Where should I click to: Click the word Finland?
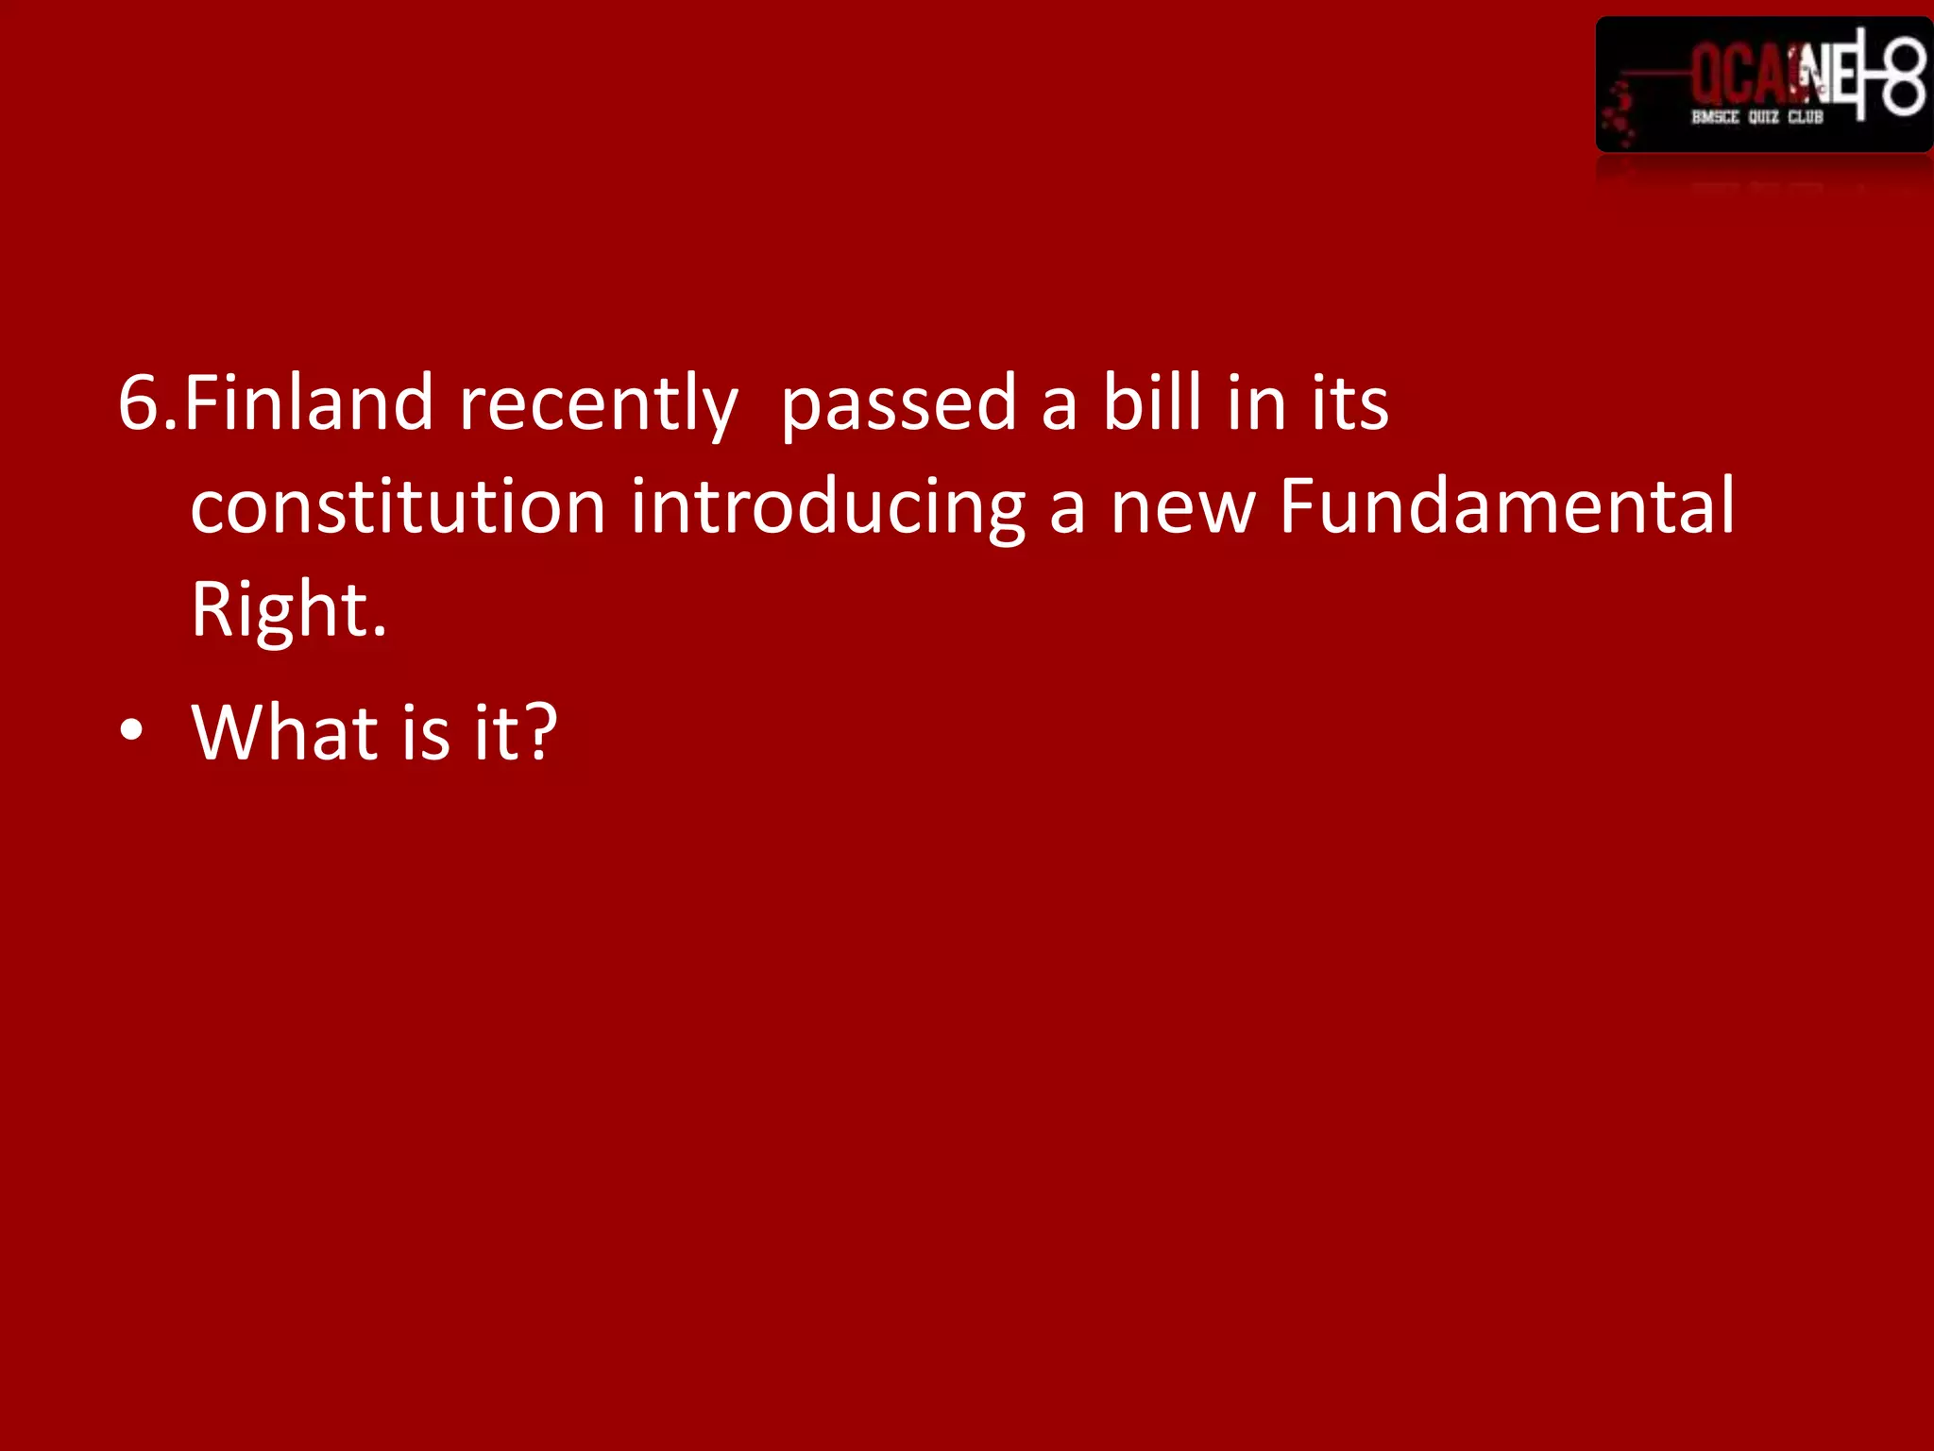point(308,404)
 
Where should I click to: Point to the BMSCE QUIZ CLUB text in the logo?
point(1756,117)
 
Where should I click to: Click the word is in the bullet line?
point(425,733)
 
